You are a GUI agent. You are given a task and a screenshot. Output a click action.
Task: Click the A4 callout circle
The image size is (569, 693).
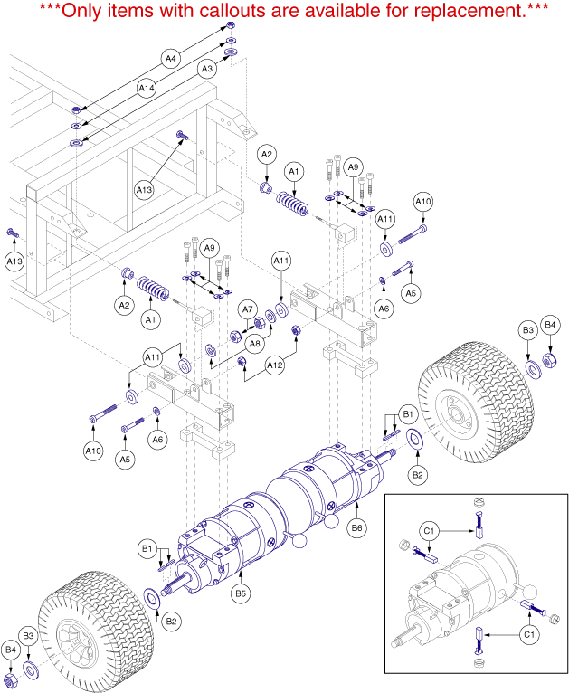pos(169,58)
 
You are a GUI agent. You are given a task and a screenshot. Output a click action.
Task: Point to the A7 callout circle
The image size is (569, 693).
pos(248,310)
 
